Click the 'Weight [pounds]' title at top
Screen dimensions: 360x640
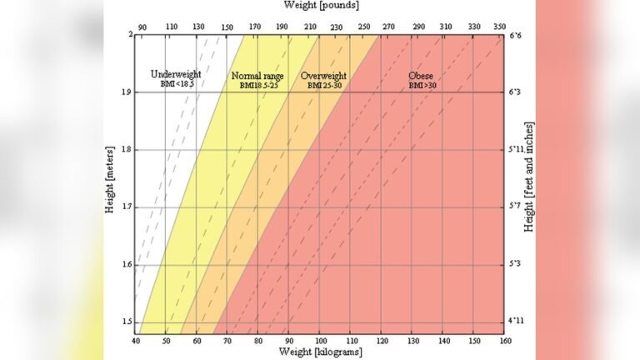[x=319, y=7]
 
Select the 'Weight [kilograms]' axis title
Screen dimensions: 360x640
[x=319, y=352]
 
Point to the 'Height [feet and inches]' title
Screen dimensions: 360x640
[x=527, y=177]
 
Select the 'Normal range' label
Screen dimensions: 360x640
[x=257, y=76]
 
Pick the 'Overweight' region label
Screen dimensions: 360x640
[x=323, y=76]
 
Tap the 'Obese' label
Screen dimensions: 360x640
[x=421, y=76]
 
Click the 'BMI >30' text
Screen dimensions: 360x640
[x=422, y=85]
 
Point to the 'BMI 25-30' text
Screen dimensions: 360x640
[x=323, y=85]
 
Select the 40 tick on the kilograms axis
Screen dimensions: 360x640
[x=135, y=341]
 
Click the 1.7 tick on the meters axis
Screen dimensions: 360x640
[x=124, y=207]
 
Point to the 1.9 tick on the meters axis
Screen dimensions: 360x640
[x=124, y=92]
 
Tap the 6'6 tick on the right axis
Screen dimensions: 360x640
[x=515, y=35]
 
